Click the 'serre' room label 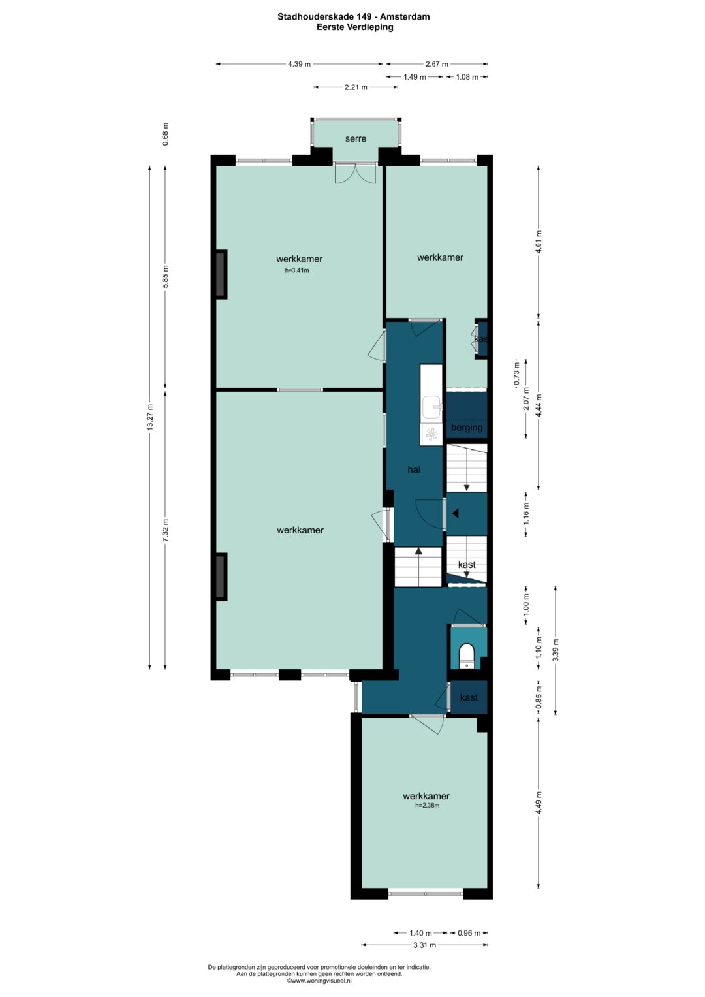(356, 139)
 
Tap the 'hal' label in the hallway (414, 469)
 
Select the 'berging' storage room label (467, 427)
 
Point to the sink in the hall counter (431, 407)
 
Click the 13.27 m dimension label (150, 417)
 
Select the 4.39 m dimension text (299, 64)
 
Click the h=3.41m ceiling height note (297, 270)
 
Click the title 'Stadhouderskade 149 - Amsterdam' (354, 17)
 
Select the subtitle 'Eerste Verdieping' (354, 27)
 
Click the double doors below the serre (355, 173)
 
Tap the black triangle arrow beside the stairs (456, 514)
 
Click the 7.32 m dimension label (166, 530)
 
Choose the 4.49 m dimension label (539, 803)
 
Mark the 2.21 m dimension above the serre (356, 87)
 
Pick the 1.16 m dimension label (527, 514)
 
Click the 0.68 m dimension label (166, 135)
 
